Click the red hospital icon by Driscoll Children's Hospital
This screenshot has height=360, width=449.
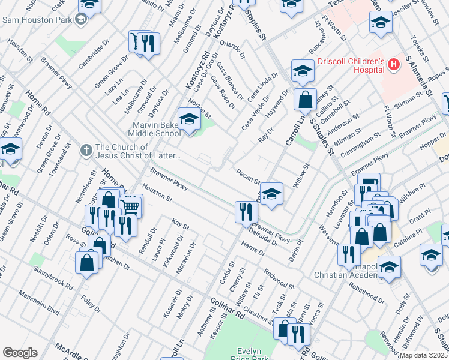click(x=394, y=64)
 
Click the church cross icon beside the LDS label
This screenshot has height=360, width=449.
click(x=86, y=148)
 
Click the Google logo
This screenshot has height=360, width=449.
click(x=20, y=353)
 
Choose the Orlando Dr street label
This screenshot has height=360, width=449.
click(x=233, y=48)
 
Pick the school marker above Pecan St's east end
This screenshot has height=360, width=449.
click(x=271, y=194)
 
